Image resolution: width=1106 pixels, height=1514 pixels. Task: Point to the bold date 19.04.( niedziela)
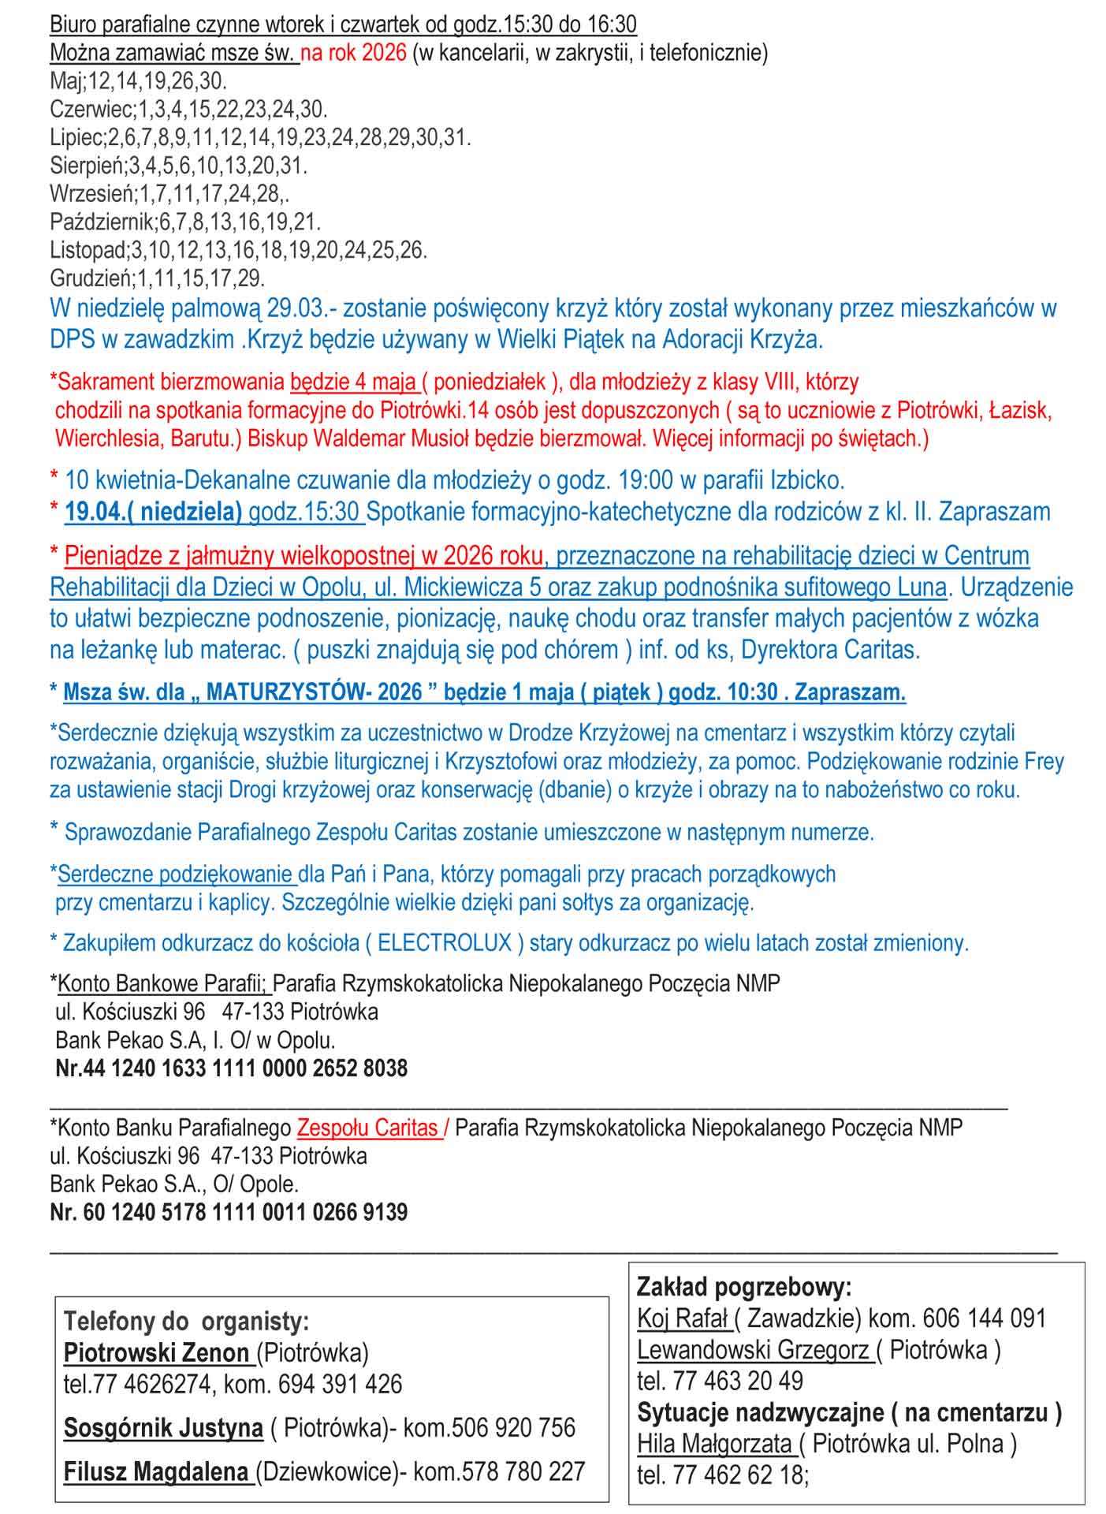(153, 512)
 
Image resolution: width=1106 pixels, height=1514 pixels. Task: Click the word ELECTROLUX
(445, 943)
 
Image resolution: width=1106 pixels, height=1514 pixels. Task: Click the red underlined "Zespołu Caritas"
(367, 1128)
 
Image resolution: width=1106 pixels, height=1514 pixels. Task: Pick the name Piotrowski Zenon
(156, 1353)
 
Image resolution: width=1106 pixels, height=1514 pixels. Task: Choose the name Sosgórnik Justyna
(163, 1427)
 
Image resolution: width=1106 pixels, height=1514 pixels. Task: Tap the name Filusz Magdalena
(156, 1471)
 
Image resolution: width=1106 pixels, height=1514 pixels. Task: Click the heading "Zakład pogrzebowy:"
(744, 1287)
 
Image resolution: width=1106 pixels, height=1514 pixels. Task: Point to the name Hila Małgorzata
(714, 1443)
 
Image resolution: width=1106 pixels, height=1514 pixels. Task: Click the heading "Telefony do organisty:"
(186, 1321)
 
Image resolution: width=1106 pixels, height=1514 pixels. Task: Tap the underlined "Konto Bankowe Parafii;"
(163, 984)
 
